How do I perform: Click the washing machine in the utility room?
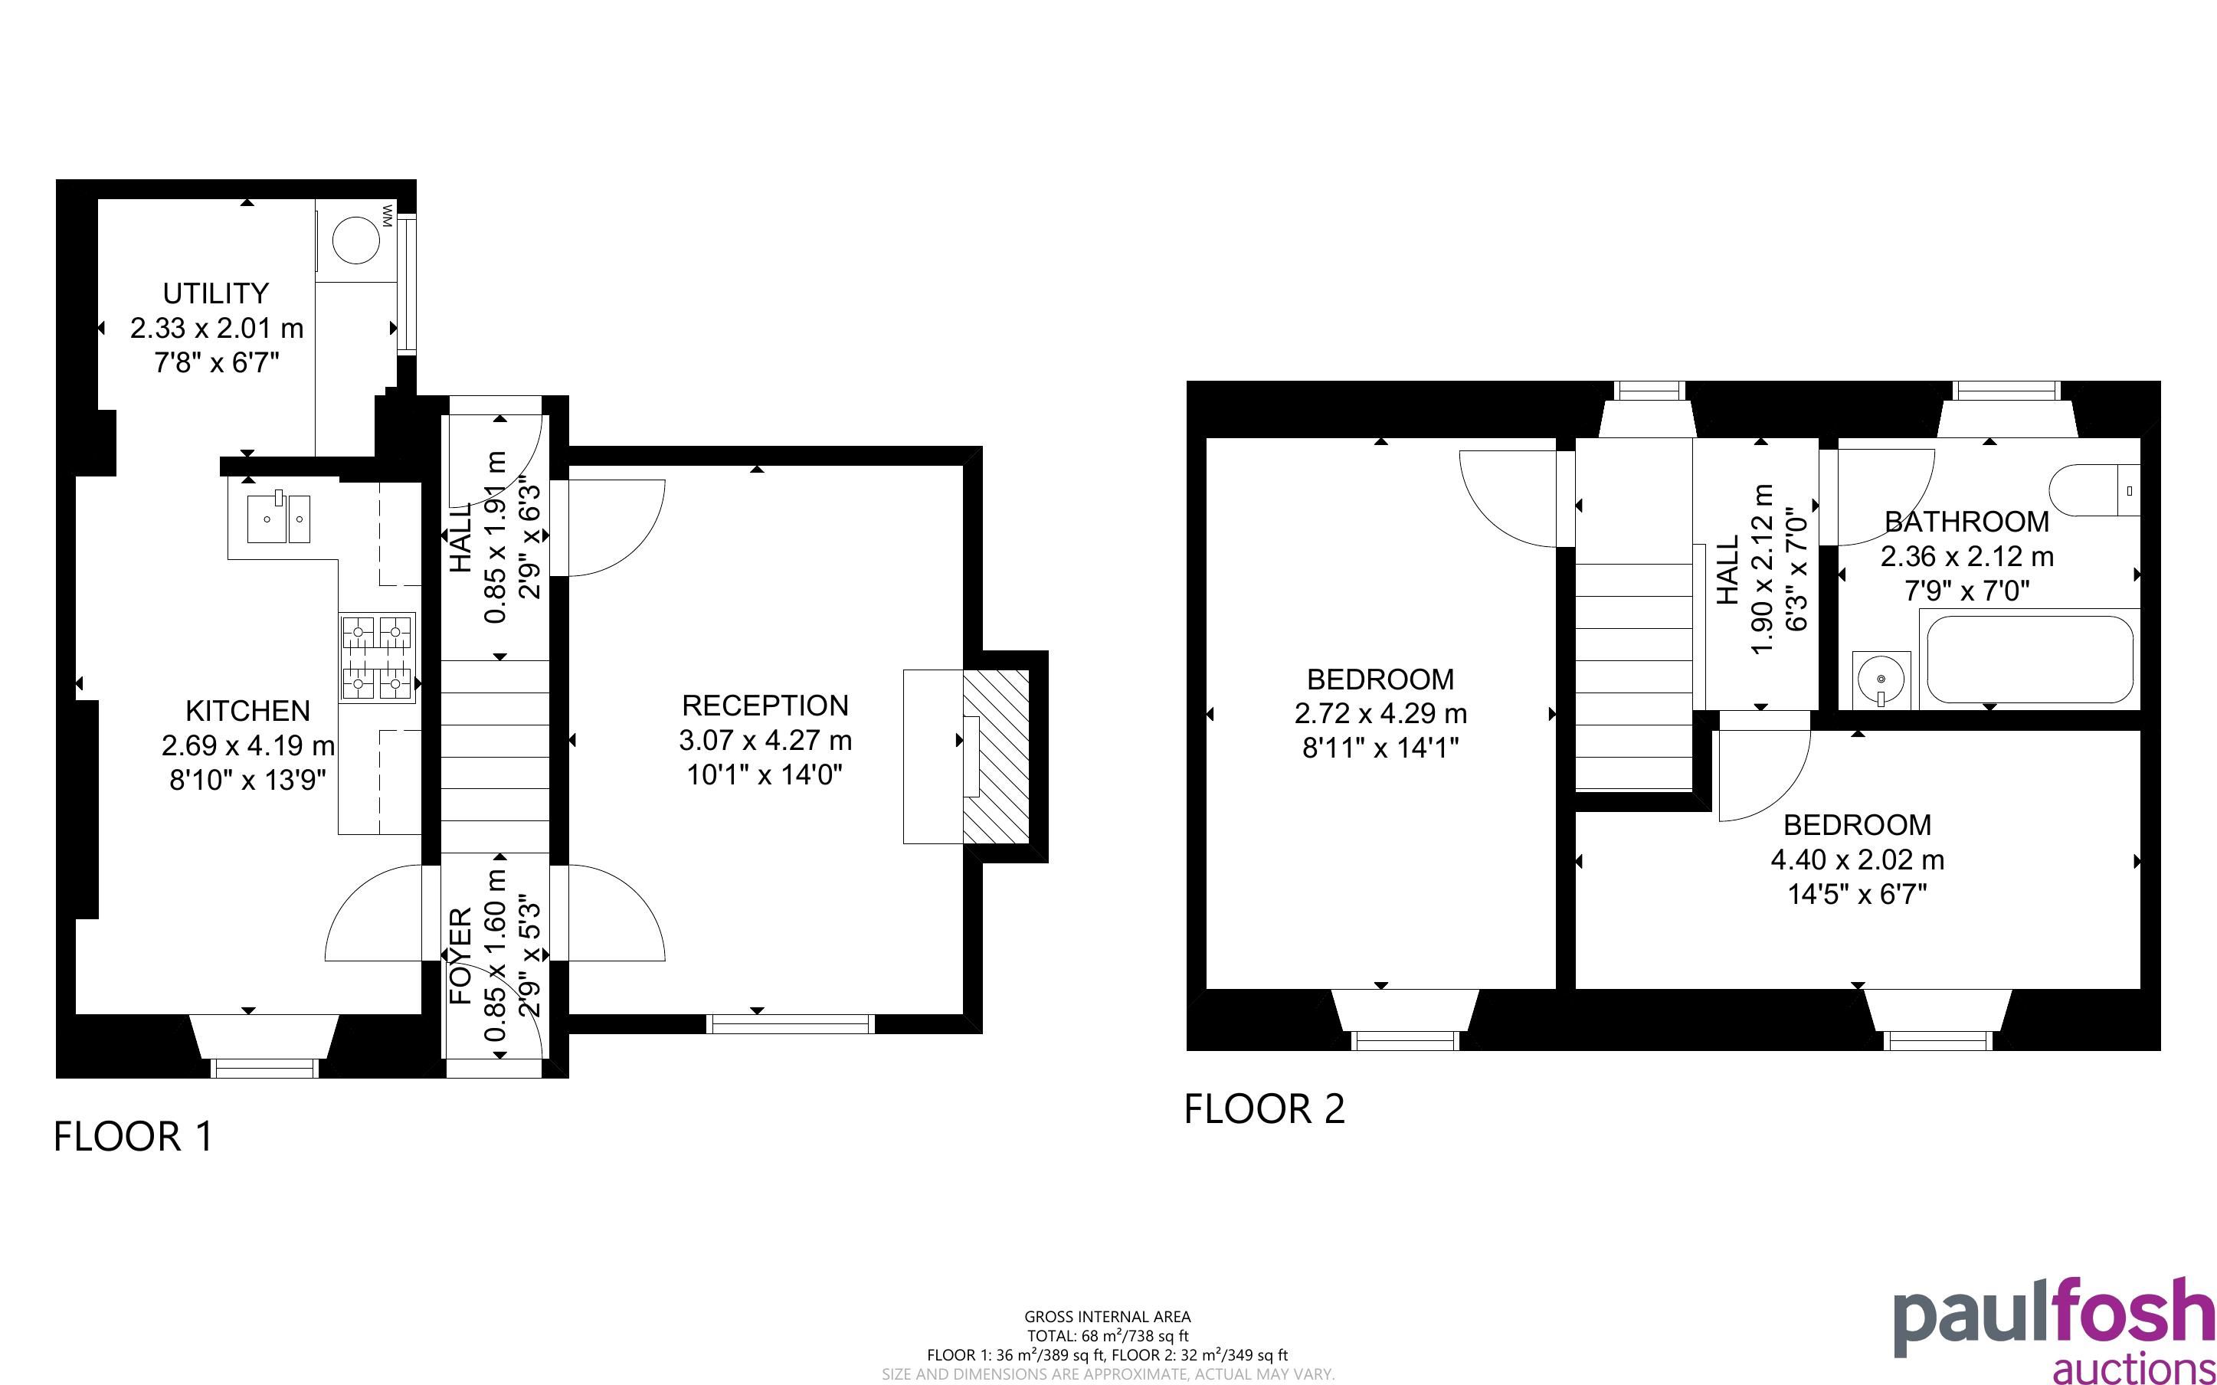[355, 241]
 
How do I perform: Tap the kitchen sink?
[280, 519]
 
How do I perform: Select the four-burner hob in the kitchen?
[377, 658]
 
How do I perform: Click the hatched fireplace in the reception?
[997, 757]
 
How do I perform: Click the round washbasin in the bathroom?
[1881, 679]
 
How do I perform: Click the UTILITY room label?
[216, 293]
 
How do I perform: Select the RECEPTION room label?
[765, 706]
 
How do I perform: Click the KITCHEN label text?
[248, 711]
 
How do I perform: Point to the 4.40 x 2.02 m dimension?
[1858, 860]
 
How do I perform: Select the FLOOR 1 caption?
[134, 1137]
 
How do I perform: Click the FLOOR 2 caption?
[1265, 1109]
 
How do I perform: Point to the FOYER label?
[460, 955]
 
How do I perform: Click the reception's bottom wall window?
[791, 1024]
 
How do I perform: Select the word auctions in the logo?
[2133, 1367]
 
